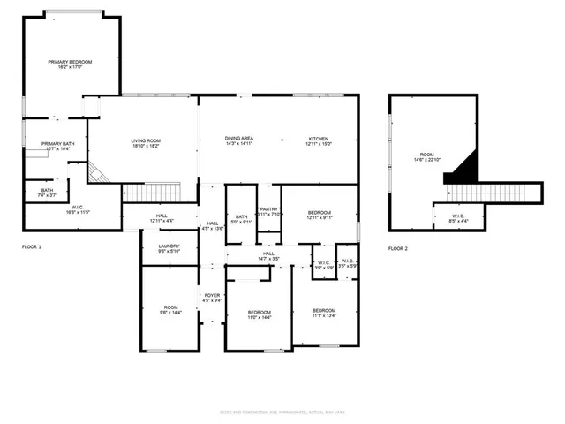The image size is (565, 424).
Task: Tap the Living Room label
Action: pos(146,143)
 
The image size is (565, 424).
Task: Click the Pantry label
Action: pos(269,211)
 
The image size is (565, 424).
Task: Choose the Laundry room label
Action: pos(169,248)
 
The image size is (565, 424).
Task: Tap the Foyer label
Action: pos(212,298)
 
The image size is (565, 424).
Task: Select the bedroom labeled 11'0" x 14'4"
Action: pos(259,314)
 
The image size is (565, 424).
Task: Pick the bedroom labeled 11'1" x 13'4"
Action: pos(325,313)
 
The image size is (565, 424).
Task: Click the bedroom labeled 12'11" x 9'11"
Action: pos(320,215)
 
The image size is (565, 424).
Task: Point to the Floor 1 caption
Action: pos(32,246)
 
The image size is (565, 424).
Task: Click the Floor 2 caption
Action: pos(398,248)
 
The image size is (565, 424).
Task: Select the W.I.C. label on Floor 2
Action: pos(458,217)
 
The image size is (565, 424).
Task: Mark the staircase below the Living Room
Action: pos(151,191)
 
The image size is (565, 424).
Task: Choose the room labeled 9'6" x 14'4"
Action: pos(171,309)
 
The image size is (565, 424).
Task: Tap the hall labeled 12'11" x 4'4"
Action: pos(162,217)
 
